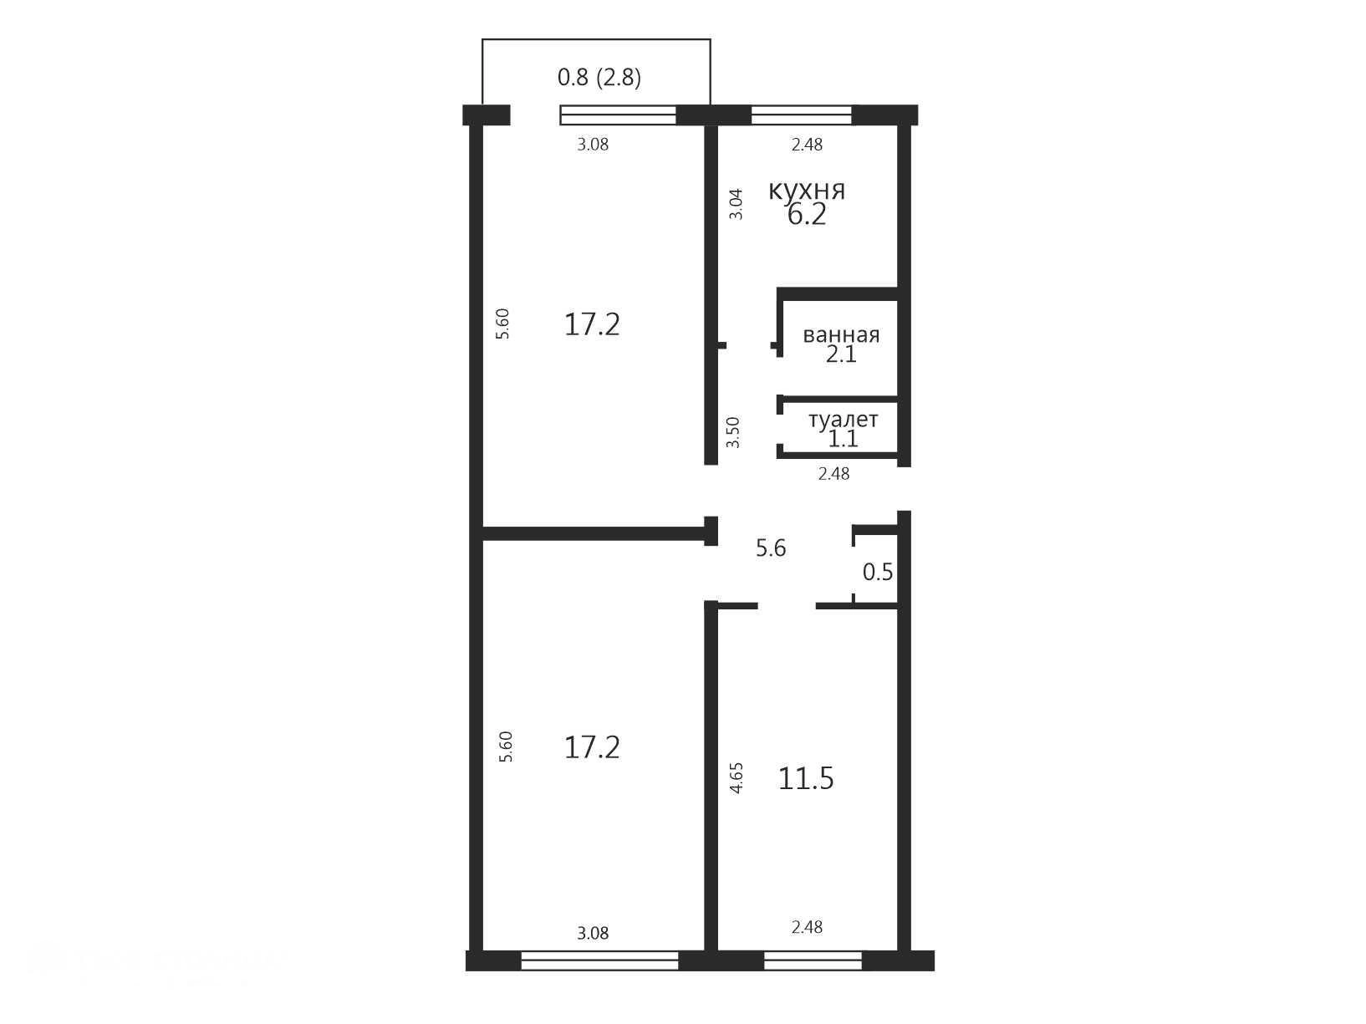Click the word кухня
(x=807, y=191)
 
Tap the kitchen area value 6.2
(x=807, y=216)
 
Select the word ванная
(x=841, y=335)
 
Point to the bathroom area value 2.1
(x=841, y=354)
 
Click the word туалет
(x=844, y=420)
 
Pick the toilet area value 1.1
(x=844, y=439)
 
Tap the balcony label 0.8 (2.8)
(x=599, y=78)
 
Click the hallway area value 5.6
(x=771, y=548)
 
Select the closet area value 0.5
(x=878, y=572)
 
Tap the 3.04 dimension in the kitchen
(x=737, y=204)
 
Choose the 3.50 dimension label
(x=734, y=432)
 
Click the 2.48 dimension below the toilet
(x=834, y=474)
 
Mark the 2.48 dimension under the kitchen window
(x=808, y=145)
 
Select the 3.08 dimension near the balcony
(x=593, y=145)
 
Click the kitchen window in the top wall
(x=802, y=115)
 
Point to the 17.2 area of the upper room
(x=592, y=324)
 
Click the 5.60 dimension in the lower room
(x=507, y=746)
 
